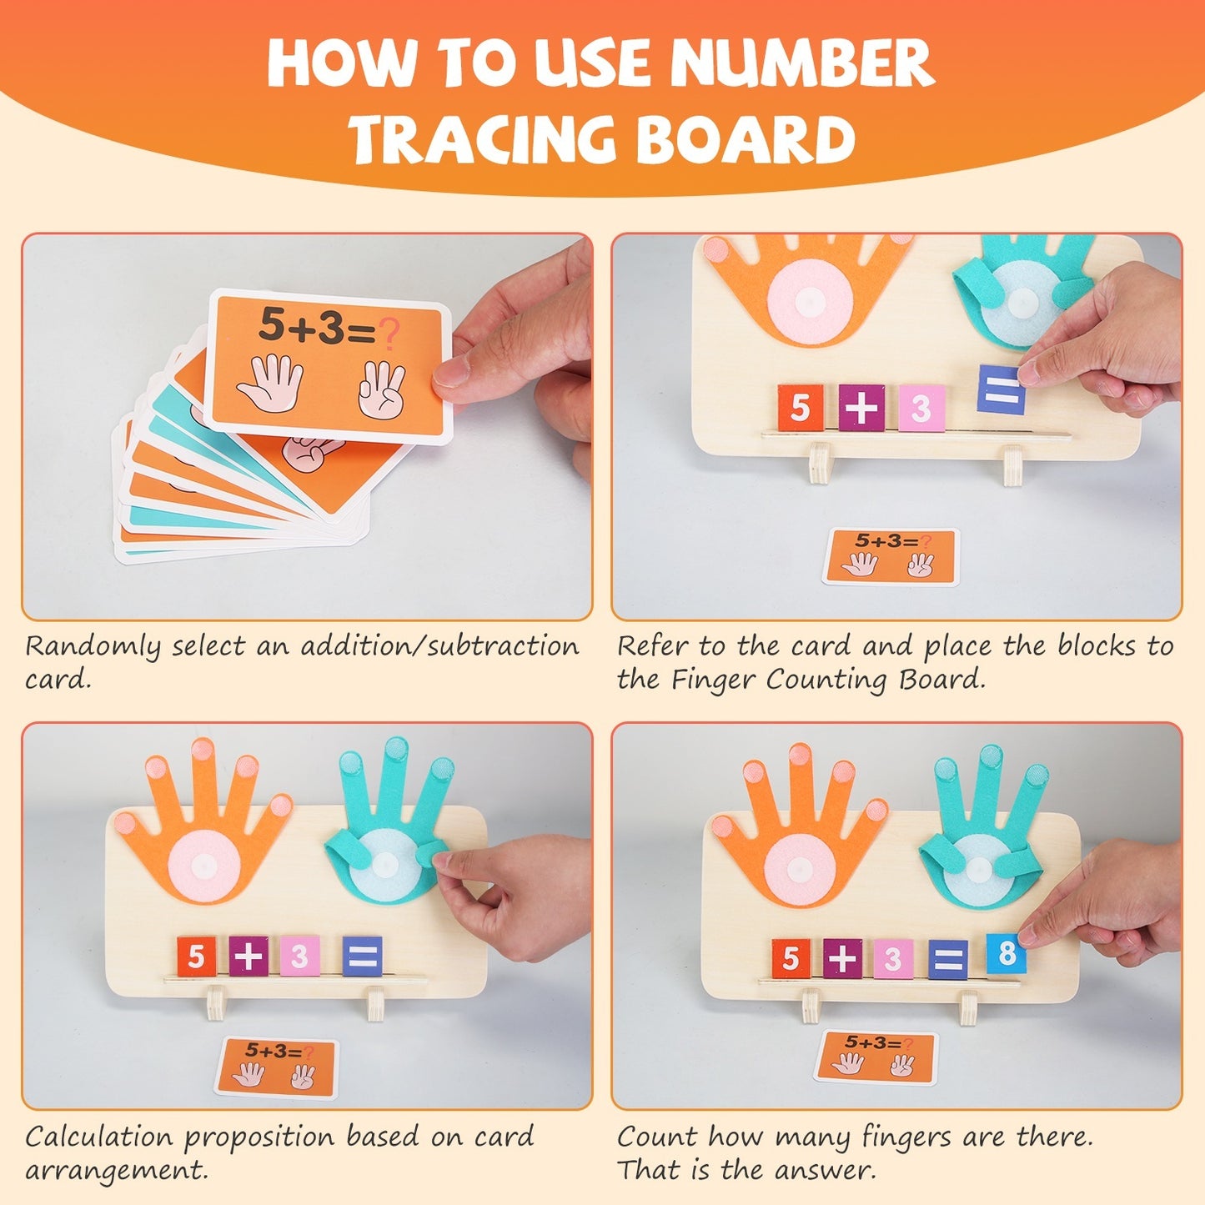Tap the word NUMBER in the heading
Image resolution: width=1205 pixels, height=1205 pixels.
pyautogui.click(x=801, y=63)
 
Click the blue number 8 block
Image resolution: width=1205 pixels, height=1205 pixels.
pyautogui.click(x=1006, y=953)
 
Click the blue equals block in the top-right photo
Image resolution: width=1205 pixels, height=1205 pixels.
pyautogui.click(x=999, y=389)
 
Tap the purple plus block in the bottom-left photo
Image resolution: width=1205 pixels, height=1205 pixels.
pyautogui.click(x=249, y=956)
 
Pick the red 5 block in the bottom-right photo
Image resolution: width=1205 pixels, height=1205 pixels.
pyautogui.click(x=791, y=958)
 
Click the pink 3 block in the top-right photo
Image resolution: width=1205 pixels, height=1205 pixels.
pyautogui.click(x=921, y=408)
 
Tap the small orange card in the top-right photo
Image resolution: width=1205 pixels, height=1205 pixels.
pyautogui.click(x=891, y=556)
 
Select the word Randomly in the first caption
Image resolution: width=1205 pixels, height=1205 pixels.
pyautogui.click(x=93, y=647)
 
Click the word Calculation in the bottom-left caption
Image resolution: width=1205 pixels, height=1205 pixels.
pyautogui.click(x=99, y=1137)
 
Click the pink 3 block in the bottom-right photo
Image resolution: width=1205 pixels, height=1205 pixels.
pyautogui.click(x=892, y=959)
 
